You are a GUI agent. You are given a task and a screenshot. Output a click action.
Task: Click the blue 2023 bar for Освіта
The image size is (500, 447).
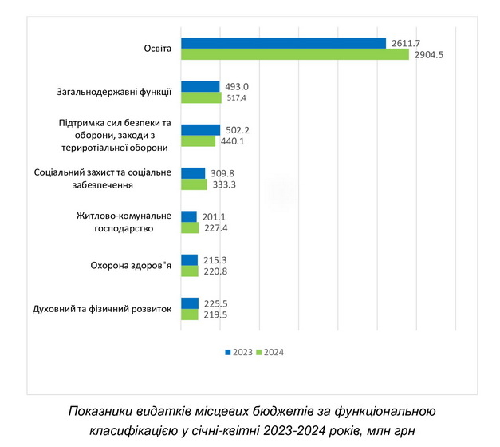(x=283, y=43)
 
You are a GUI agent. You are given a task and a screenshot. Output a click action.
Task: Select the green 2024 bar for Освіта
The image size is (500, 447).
(x=294, y=54)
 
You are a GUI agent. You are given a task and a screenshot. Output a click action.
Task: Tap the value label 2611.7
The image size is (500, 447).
(x=406, y=42)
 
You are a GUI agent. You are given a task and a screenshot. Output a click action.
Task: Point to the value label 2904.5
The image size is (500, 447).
(x=429, y=54)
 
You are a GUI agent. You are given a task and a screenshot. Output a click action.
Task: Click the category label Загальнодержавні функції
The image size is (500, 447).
(x=116, y=92)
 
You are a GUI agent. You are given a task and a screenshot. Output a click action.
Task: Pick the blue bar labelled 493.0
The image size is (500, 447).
(x=200, y=86)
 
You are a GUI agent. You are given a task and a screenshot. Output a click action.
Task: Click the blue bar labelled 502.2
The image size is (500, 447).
(x=200, y=130)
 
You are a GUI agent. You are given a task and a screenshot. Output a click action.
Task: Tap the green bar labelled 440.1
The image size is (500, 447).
(x=198, y=141)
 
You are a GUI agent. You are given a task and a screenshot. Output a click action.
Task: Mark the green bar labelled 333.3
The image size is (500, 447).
(x=194, y=184)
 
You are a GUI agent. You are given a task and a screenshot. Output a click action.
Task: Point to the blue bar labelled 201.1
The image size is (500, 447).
(x=189, y=216)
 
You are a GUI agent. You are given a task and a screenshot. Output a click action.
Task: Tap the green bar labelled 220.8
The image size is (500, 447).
(x=190, y=271)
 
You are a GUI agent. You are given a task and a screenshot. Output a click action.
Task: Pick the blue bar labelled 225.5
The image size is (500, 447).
(x=190, y=303)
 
